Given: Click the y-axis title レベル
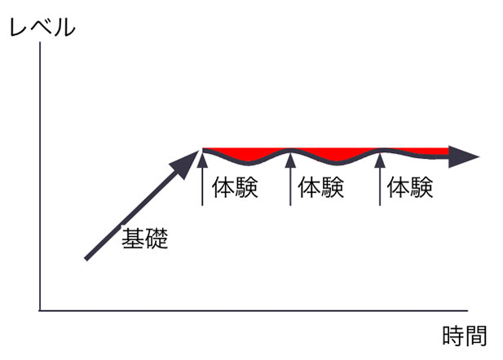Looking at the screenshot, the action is pyautogui.click(x=42, y=28).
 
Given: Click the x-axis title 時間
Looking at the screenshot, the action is pyautogui.click(x=465, y=336).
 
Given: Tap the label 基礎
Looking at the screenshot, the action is pyautogui.click(x=145, y=239).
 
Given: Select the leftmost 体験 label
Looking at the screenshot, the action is pyautogui.click(x=235, y=187).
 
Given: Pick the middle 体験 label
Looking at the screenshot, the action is pyautogui.click(x=321, y=187).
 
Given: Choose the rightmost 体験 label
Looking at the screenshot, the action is pyautogui.click(x=410, y=187).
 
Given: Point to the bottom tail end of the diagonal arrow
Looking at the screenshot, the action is pyautogui.click(x=86, y=259).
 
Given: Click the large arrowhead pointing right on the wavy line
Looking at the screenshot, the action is pyautogui.click(x=463, y=156).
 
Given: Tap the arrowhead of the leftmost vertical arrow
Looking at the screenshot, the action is pyautogui.click(x=202, y=160).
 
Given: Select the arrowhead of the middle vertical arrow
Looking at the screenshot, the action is pyautogui.click(x=290, y=160).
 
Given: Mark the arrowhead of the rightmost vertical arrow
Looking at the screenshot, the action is pyautogui.click(x=380, y=160).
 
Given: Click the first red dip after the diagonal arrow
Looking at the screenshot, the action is pyautogui.click(x=247, y=156).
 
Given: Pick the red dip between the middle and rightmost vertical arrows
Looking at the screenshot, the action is pyautogui.click(x=335, y=156).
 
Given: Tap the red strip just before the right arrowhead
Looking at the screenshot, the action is pyautogui.click(x=423, y=152).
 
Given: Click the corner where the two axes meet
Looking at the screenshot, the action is pyautogui.click(x=40, y=310).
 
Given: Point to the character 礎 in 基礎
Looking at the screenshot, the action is pyautogui.click(x=157, y=239).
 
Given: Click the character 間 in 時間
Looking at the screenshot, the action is pyautogui.click(x=476, y=336).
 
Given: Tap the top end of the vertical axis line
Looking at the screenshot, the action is pyautogui.click(x=40, y=42).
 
